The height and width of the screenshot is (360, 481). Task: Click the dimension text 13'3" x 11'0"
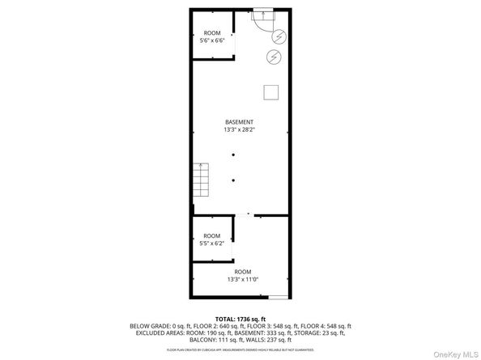pos(242,279)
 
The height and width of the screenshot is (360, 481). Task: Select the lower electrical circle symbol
pos(274,57)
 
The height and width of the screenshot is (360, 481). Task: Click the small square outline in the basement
pos(270,90)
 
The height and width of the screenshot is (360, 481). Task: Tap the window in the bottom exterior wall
pos(278,296)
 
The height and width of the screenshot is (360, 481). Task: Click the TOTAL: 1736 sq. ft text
pos(240,319)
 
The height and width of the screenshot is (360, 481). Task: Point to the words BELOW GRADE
pos(148,326)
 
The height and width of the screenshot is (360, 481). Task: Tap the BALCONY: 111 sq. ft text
pos(213,339)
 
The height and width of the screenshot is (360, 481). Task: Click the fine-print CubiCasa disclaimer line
pos(240,349)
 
